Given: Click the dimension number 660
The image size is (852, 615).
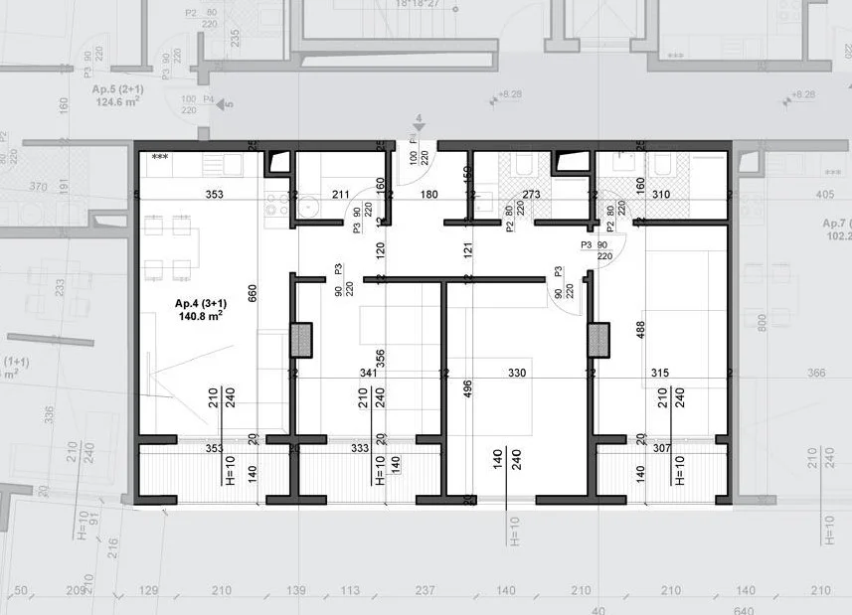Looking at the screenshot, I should click(x=253, y=292).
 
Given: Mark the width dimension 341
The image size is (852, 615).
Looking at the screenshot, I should click(x=367, y=374).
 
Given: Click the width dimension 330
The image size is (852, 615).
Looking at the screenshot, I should click(x=517, y=374).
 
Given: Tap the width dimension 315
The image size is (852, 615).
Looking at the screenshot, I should click(x=659, y=374).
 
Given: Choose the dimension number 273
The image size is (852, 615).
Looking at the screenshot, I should click(x=531, y=195).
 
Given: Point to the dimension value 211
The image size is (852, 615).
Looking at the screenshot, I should click(x=341, y=195).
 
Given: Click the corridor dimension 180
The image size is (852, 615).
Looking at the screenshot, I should click(x=428, y=195).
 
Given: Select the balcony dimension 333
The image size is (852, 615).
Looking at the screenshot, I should click(x=361, y=449).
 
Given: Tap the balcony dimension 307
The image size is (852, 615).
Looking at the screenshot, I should click(x=662, y=449).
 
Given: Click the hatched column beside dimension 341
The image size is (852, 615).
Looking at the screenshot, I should click(x=301, y=340).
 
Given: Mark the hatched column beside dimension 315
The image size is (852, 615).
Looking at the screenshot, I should click(x=598, y=340).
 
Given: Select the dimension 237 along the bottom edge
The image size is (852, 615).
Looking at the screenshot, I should click(x=425, y=591).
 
